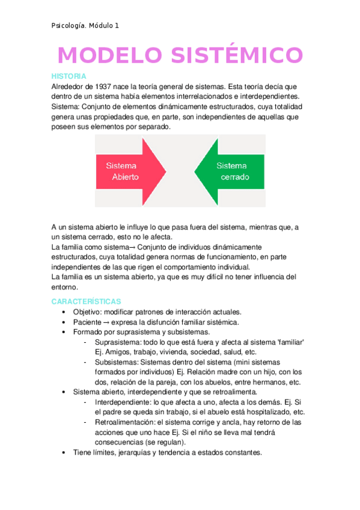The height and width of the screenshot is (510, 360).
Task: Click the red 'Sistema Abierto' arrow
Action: [x=129, y=171]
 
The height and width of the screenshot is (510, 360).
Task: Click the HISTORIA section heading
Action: [x=69, y=76]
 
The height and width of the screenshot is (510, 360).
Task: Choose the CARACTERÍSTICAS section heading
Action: [x=87, y=301]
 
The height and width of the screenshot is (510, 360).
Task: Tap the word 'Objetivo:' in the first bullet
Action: [x=88, y=312]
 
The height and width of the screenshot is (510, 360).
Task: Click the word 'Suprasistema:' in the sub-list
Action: [x=118, y=342]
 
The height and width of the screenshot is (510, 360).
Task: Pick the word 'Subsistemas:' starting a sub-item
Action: [x=117, y=362]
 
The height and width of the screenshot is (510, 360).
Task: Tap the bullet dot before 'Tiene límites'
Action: [x=64, y=453]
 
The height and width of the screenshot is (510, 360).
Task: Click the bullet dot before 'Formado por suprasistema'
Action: [x=64, y=332]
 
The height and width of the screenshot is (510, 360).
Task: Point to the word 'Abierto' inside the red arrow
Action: [x=125, y=177]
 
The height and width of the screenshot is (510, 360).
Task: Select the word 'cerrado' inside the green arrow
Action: [x=234, y=177]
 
